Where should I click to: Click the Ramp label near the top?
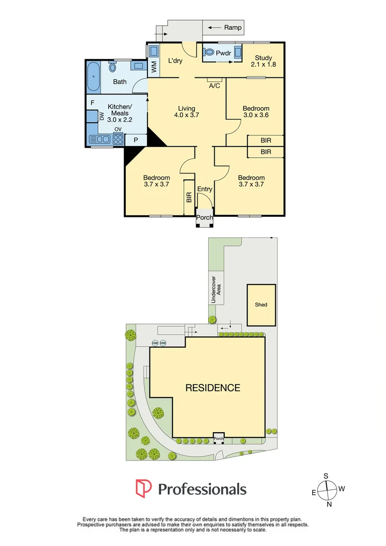232,28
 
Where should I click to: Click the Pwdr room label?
223,53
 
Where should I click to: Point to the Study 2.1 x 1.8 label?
263,61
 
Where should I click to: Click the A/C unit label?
215,85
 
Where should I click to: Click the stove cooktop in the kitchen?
118,140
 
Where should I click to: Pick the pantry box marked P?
135,140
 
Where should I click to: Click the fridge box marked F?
92,103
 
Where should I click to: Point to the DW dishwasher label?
102,116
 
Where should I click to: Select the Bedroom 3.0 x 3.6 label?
256,111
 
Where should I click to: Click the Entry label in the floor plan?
205,189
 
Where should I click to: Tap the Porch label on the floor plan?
205,218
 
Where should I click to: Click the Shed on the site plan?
261,305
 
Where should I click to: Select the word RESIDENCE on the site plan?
213,388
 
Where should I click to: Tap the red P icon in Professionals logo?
143,488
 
